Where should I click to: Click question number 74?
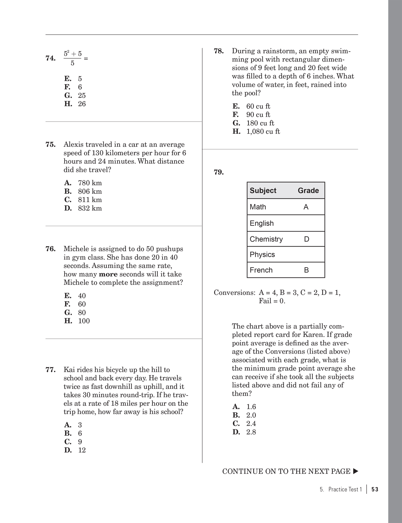(51, 58)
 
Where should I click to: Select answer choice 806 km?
(90, 191)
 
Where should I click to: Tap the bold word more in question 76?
(108, 274)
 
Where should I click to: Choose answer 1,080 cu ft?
(263, 132)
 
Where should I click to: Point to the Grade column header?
(308, 191)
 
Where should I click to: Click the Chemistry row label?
(266, 239)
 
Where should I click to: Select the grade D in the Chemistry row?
(307, 239)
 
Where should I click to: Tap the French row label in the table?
(261, 270)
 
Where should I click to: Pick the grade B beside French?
(306, 270)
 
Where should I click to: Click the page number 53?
(375, 490)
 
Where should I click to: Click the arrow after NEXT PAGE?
(355, 471)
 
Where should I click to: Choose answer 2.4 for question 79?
(251, 424)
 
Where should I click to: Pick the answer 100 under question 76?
(84, 321)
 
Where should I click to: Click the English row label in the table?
(261, 223)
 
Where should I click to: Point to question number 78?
(219, 51)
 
